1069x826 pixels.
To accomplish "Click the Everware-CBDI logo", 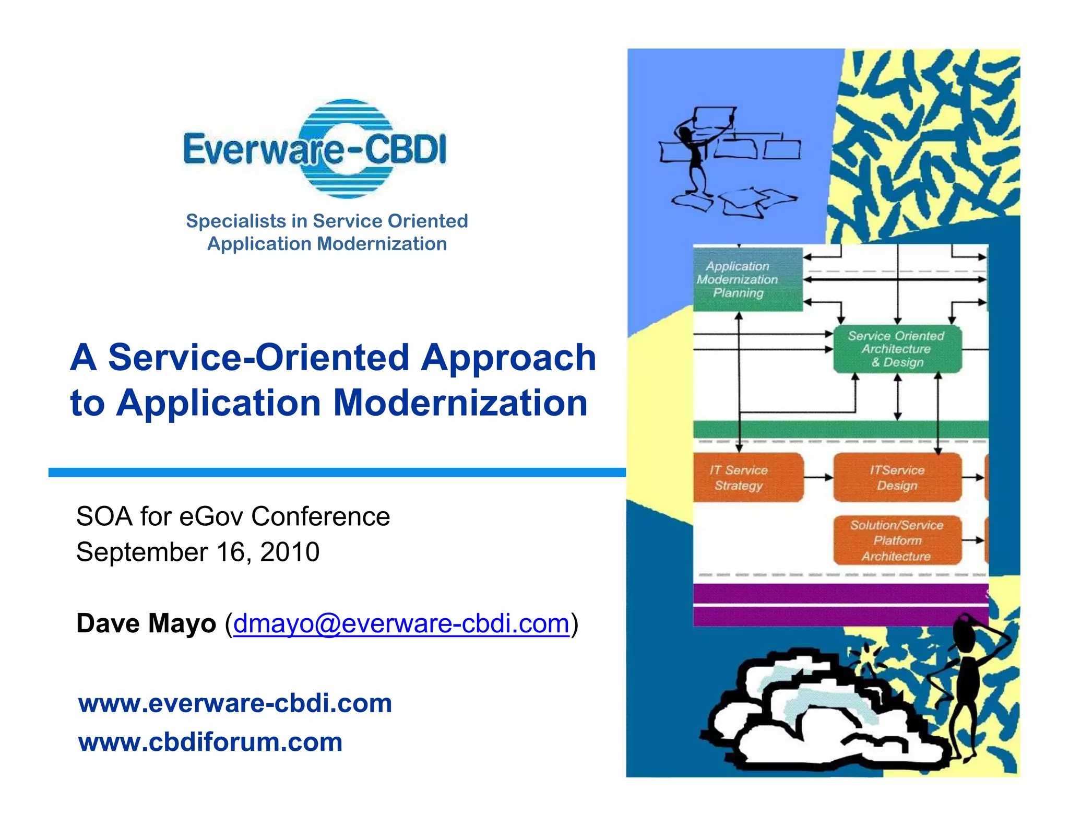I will click(x=315, y=149).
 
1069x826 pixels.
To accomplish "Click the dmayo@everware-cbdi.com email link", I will click(x=401, y=623).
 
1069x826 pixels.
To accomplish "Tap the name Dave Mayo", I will click(x=146, y=623).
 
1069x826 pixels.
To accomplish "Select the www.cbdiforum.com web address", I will click(x=210, y=742).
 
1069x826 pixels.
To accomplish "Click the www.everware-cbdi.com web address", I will click(x=235, y=703).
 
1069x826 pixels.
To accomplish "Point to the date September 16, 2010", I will click(x=198, y=552).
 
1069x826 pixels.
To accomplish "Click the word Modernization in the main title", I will click(x=460, y=403).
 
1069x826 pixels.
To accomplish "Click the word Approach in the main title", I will click(x=509, y=358).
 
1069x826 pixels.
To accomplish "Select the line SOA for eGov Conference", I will click(x=233, y=516).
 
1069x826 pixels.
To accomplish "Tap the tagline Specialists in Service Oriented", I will click(x=327, y=221).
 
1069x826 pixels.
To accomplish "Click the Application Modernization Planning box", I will click(x=747, y=279).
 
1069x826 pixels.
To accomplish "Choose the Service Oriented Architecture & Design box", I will click(x=897, y=349).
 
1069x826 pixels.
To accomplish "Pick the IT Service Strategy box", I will click(x=747, y=478).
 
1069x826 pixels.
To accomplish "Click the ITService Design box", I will click(x=897, y=478).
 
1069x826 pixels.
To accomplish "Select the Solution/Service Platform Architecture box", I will click(x=897, y=540).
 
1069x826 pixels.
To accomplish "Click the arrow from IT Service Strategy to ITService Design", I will click(x=818, y=477).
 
